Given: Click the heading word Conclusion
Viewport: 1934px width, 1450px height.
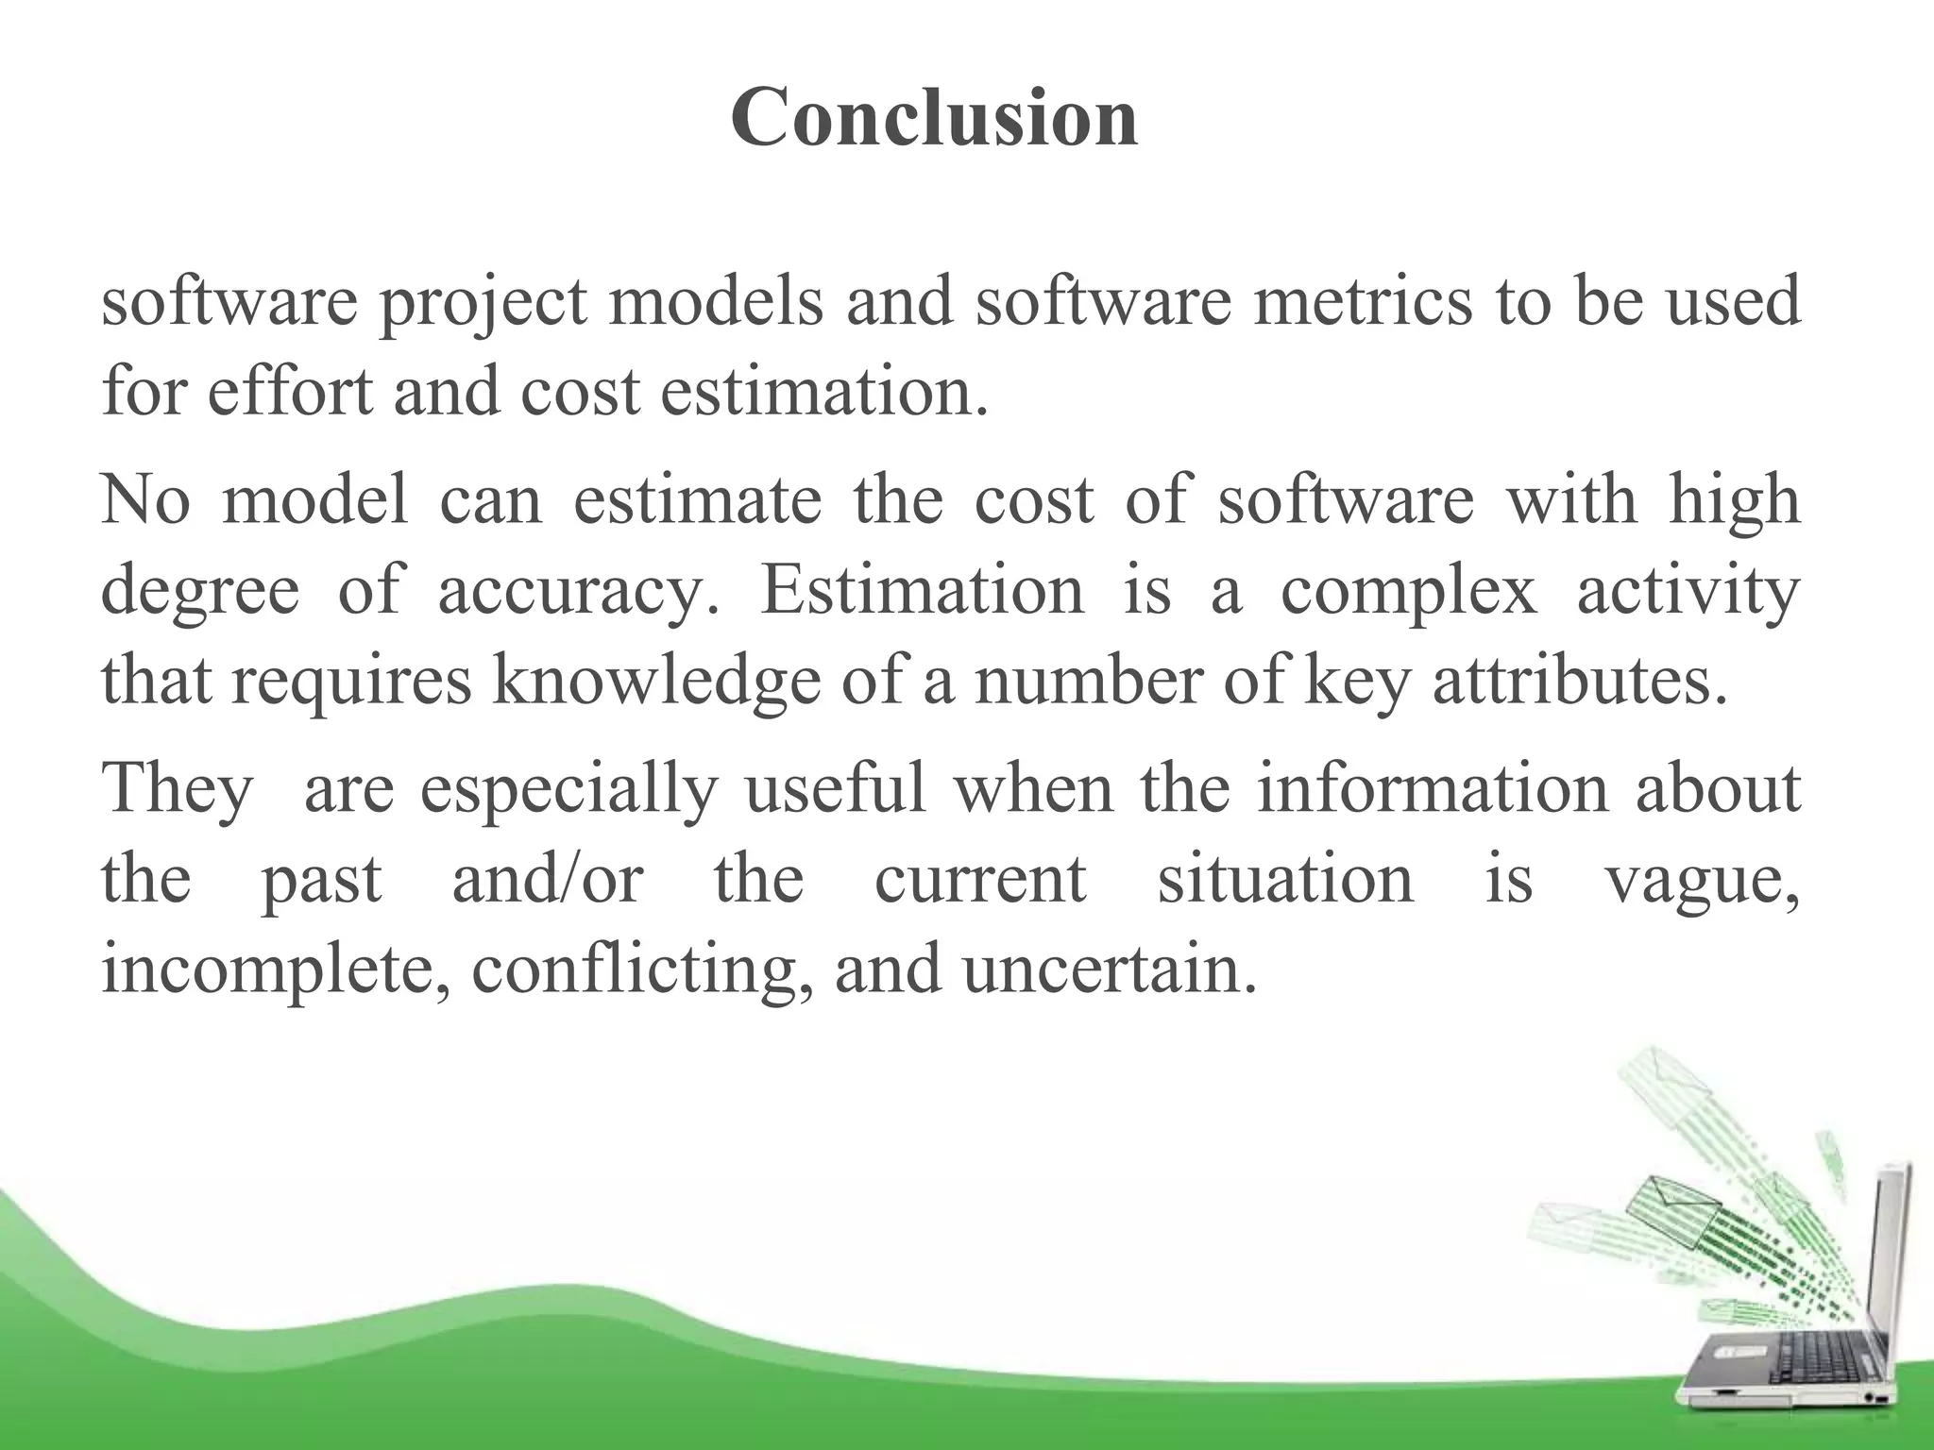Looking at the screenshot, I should click(934, 118).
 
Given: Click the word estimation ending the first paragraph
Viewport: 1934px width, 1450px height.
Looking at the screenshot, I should click(822, 391).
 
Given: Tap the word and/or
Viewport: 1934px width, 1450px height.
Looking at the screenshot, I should click(548, 878).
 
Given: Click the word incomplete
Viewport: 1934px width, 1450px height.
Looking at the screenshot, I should click(275, 970).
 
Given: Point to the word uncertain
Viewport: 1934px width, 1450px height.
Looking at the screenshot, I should click(1110, 969).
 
